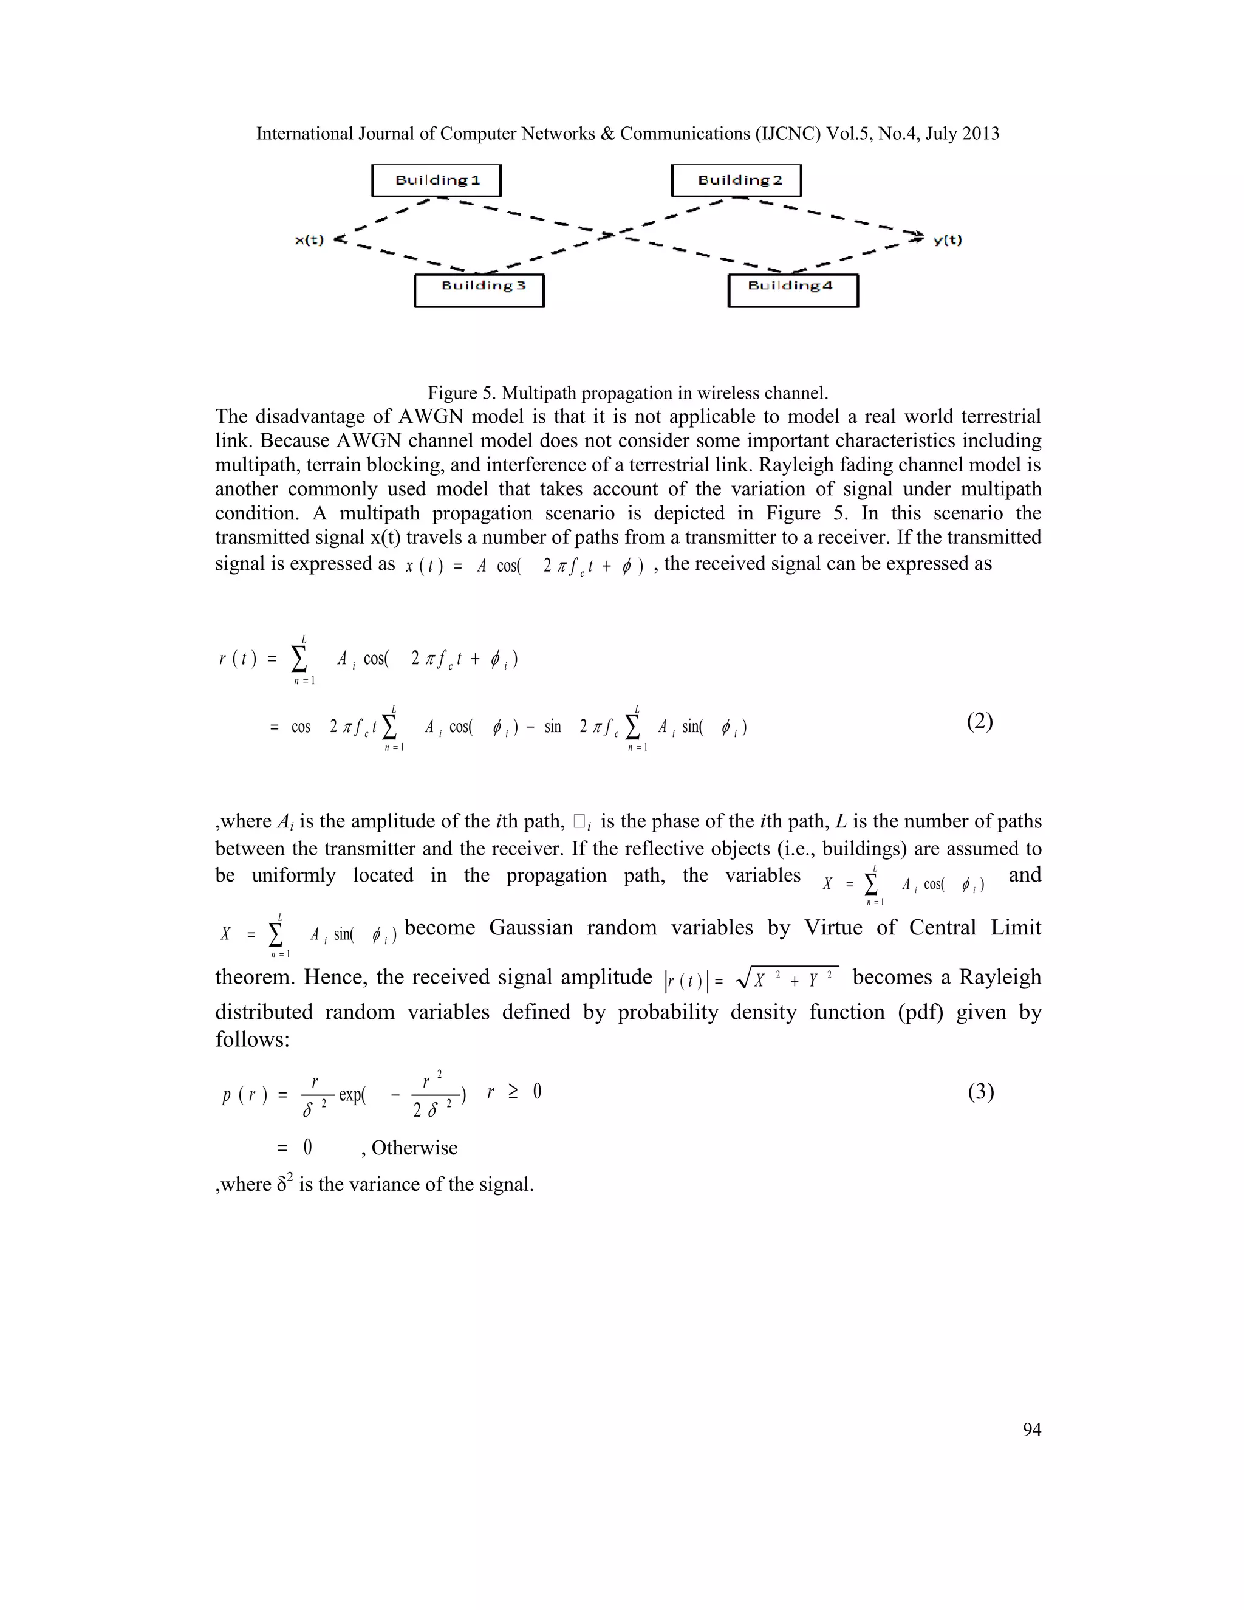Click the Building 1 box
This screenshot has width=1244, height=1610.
coord(436,180)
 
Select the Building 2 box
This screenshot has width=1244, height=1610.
coord(736,180)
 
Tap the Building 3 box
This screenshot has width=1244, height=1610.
coord(479,290)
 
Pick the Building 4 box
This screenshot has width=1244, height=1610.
coord(793,290)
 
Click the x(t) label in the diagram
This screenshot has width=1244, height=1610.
coord(310,241)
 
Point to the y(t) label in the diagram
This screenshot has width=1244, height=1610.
coord(948,241)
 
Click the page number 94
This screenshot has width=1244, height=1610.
coord(1032,1430)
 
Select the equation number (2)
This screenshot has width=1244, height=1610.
coord(979,722)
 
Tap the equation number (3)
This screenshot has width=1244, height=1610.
coord(980,1092)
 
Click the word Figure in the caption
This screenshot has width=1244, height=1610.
coord(452,393)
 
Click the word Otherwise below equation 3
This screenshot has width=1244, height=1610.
coord(414,1148)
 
